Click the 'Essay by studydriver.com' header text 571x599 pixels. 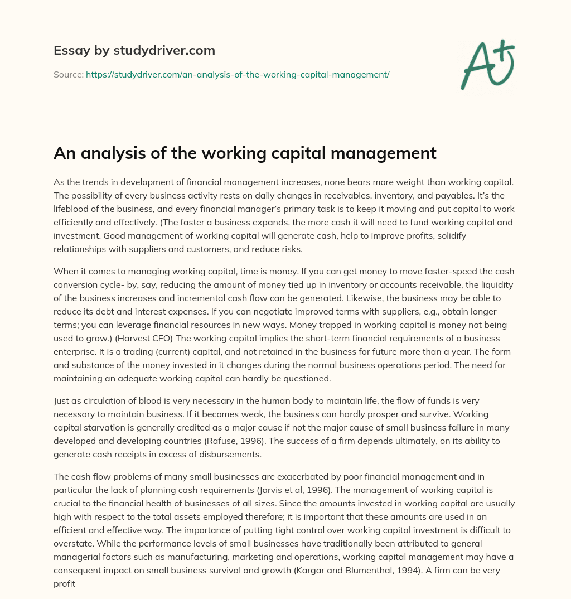pos(134,50)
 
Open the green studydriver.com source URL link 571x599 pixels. pos(238,74)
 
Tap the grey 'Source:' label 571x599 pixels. pos(68,74)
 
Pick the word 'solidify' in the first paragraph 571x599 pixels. pos(450,235)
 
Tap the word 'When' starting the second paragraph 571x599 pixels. pos(66,272)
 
